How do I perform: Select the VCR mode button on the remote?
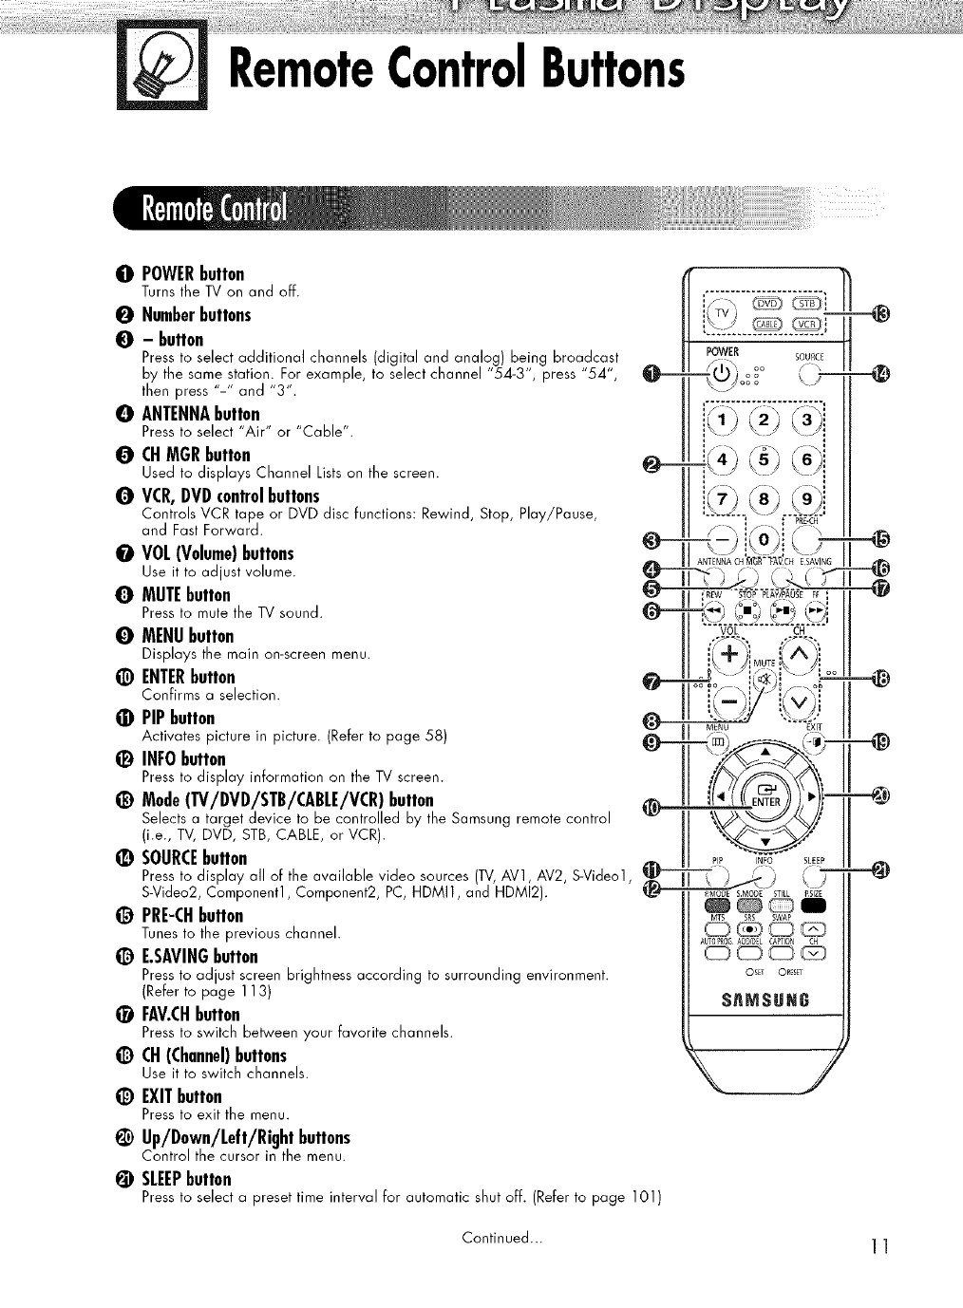(x=808, y=324)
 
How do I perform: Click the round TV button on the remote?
(x=724, y=313)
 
